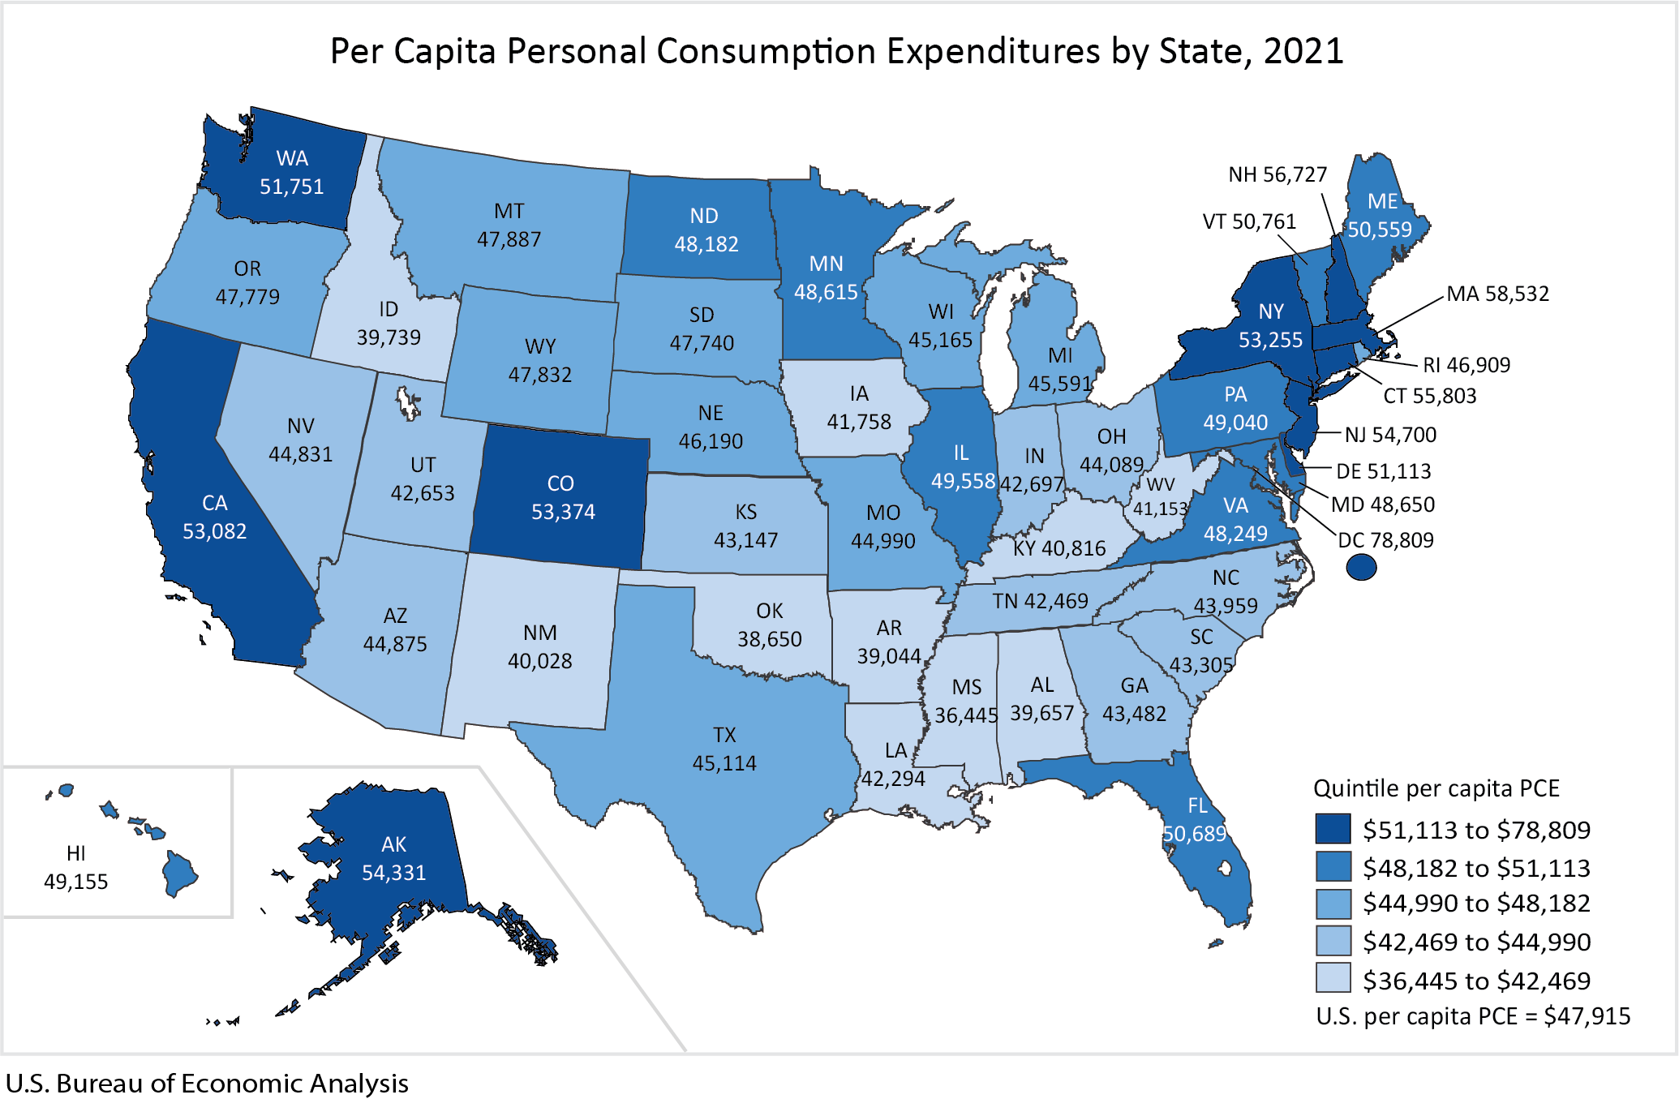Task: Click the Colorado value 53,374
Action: [x=563, y=512]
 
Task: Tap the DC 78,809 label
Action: [x=1385, y=540]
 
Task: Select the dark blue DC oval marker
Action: [x=1361, y=567]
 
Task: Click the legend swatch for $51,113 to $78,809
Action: [x=1333, y=829]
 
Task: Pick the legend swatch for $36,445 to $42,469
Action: [x=1333, y=978]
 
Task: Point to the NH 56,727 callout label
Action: [x=1277, y=174]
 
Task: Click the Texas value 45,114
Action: [x=724, y=763]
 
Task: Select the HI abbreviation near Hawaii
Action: [x=76, y=853]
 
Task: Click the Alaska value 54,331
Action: [x=393, y=873]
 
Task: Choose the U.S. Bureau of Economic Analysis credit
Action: [x=207, y=1084]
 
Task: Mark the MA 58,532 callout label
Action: [x=1497, y=294]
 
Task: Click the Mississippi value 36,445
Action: [x=966, y=715]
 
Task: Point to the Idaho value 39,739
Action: [x=389, y=337]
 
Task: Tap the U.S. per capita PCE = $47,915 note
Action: [x=1473, y=1016]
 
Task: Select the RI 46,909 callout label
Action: [x=1466, y=365]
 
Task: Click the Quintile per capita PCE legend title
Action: [x=1436, y=788]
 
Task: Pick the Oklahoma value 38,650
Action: [x=769, y=639]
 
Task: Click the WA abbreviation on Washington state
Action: [x=292, y=158]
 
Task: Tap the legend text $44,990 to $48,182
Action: [x=1476, y=903]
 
